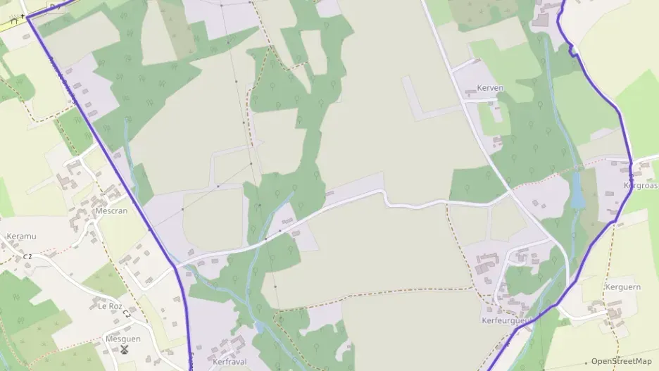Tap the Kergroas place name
point(640,186)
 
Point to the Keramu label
point(20,237)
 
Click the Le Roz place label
point(111,306)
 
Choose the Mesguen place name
point(123,339)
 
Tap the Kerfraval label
point(229,361)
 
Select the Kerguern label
point(622,287)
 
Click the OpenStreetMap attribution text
point(621,361)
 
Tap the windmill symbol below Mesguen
point(125,349)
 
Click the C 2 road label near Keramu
point(27,256)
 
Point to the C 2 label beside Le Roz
point(127,312)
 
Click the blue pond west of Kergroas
point(577,192)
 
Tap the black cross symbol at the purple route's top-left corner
point(23,15)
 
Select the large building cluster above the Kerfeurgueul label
point(485,265)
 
